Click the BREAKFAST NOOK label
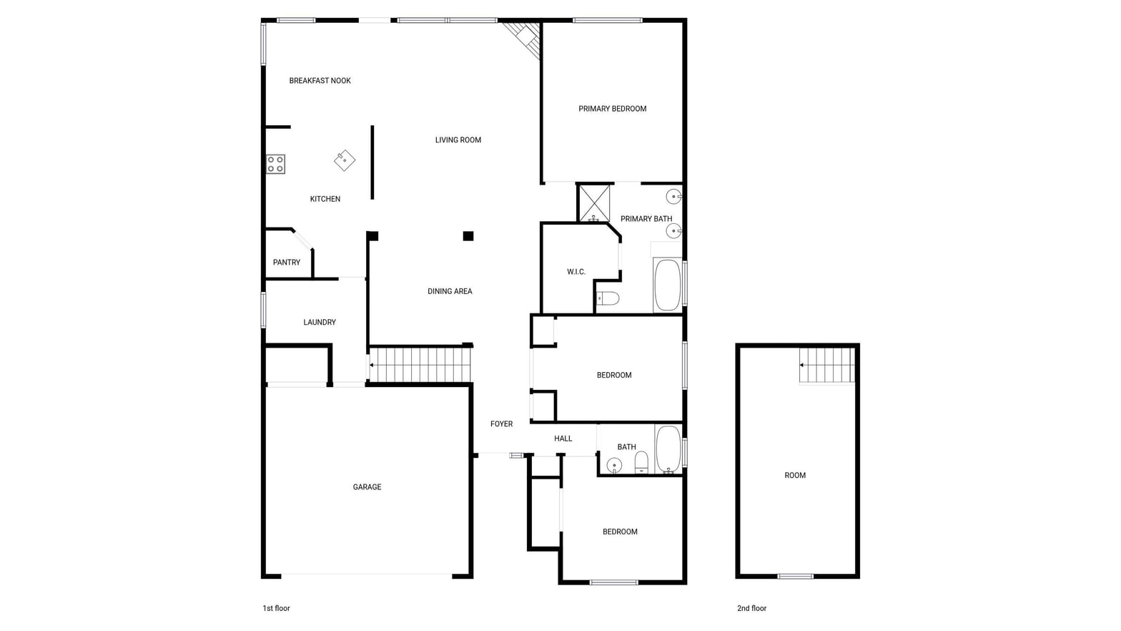click(x=320, y=81)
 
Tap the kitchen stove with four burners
click(x=275, y=164)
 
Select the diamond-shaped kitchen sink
click(x=345, y=160)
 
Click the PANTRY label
click(x=286, y=263)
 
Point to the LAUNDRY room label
click(x=320, y=322)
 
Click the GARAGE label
click(x=367, y=486)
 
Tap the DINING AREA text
click(x=450, y=291)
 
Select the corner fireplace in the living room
click(x=523, y=37)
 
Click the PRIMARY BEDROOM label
click(x=612, y=109)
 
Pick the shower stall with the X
click(x=594, y=203)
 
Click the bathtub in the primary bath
click(x=668, y=285)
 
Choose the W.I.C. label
click(x=576, y=272)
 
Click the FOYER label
click(x=501, y=424)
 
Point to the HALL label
click(x=563, y=439)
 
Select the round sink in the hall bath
click(x=614, y=466)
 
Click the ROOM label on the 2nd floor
click(x=795, y=475)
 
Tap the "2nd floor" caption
click(x=751, y=608)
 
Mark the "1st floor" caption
click(x=276, y=608)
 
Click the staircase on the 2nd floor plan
click(x=826, y=366)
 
